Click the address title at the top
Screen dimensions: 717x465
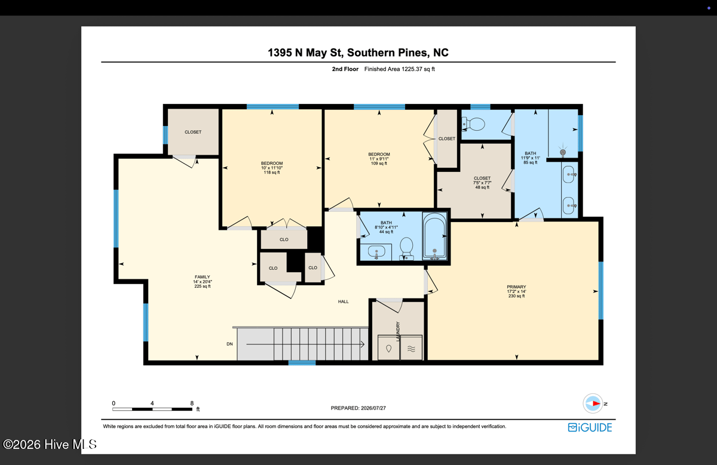pos(358,53)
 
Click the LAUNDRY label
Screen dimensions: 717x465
pos(398,331)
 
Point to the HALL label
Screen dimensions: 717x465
pos(343,301)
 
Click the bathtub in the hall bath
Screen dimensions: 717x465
pos(434,236)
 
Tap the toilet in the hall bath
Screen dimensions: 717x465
pos(406,249)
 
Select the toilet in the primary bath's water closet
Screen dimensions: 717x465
pos(473,124)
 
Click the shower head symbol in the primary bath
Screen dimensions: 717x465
pos(563,152)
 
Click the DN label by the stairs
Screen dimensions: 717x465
pos(229,344)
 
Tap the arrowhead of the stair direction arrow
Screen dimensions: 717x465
pos(363,344)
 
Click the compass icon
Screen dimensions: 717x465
pos(593,404)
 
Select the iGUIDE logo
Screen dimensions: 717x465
pos(590,427)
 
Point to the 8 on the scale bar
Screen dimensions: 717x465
pos(192,404)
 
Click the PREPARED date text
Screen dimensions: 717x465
pos(358,408)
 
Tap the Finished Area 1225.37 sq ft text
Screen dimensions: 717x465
pos(400,69)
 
